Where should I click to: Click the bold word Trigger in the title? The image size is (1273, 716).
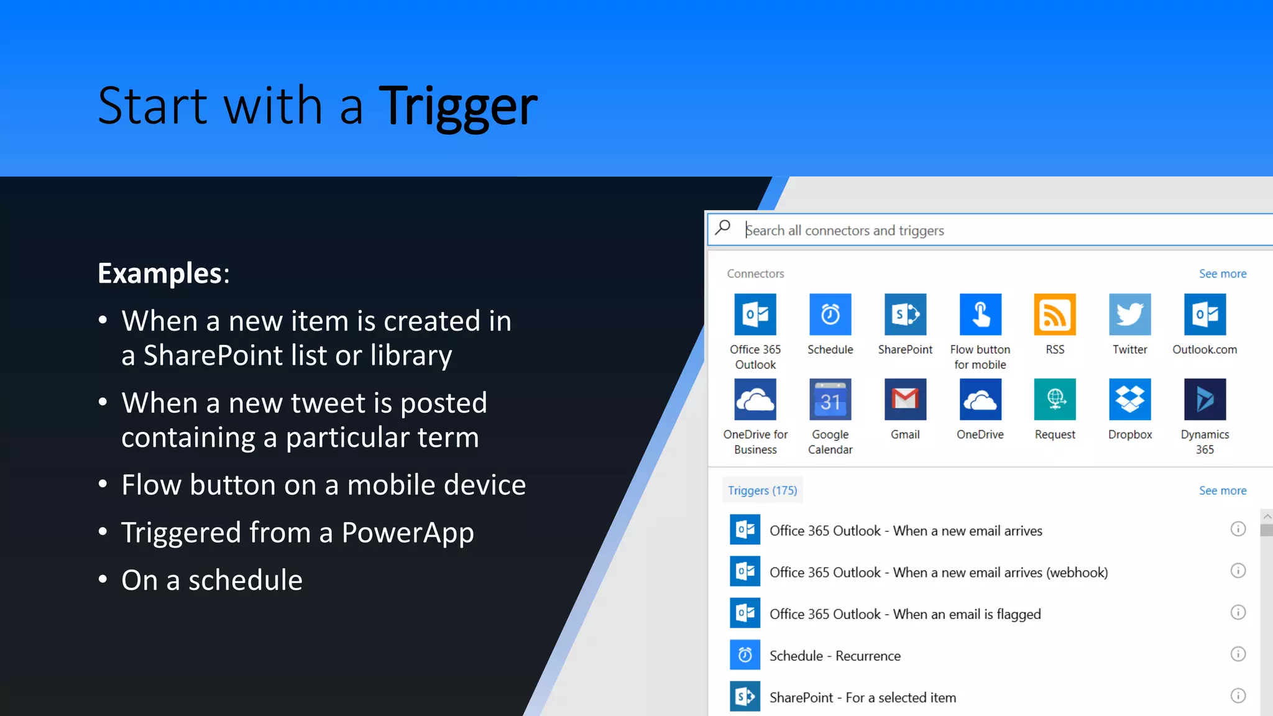click(457, 107)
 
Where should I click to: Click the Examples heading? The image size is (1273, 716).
click(163, 273)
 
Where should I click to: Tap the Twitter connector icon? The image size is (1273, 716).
click(1129, 314)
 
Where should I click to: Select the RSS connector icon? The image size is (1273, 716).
click(1055, 314)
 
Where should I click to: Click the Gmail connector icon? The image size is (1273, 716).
click(905, 400)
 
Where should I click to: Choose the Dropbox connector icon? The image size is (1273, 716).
click(1129, 400)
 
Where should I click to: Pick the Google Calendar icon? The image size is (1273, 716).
click(830, 400)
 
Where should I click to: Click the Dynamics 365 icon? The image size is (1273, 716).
click(1205, 400)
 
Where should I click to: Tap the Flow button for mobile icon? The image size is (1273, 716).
click(980, 314)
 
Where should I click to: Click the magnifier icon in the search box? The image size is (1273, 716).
click(723, 228)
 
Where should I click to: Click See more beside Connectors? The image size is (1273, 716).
click(1222, 274)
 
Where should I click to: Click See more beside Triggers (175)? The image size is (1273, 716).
click(1222, 491)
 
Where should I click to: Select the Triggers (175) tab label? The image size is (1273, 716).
click(762, 491)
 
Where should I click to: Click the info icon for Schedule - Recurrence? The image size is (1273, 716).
click(1238, 654)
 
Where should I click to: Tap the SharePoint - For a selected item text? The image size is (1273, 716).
click(862, 698)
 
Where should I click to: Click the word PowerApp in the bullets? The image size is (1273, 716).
click(407, 533)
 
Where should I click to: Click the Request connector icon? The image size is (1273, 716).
click(1055, 400)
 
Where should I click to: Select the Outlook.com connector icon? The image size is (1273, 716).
click(1205, 314)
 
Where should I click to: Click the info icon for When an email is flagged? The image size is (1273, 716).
click(1238, 612)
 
